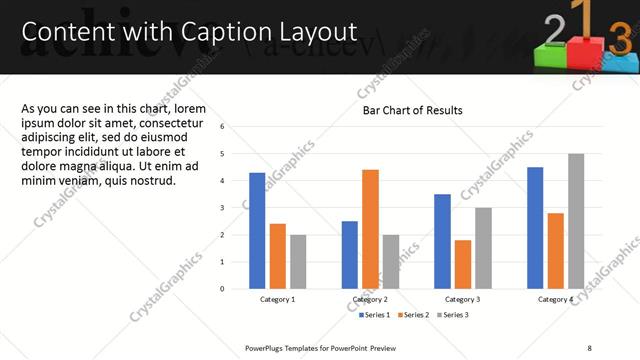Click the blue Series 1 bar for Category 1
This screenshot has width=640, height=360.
(257, 230)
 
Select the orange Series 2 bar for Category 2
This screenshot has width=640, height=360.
(370, 229)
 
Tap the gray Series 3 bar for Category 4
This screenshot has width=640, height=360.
(576, 221)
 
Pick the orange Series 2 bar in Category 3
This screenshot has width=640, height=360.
(462, 264)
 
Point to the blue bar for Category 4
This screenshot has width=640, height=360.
(535, 227)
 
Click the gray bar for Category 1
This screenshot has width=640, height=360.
(298, 261)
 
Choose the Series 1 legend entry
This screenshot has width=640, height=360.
(377, 315)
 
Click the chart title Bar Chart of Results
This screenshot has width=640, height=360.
(412, 110)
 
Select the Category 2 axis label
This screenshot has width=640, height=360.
(370, 300)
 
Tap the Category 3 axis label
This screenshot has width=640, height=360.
(462, 300)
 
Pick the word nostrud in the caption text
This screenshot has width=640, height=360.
(153, 181)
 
